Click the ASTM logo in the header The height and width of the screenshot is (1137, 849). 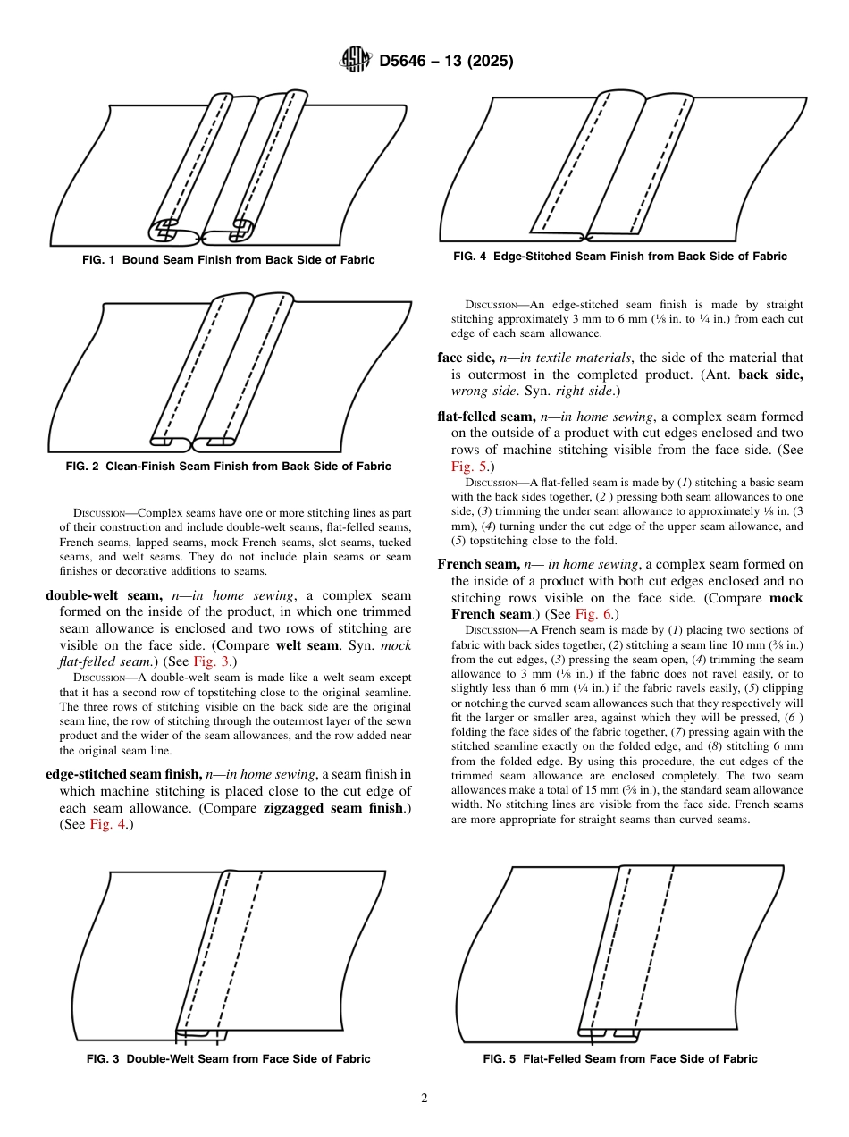pyautogui.click(x=355, y=61)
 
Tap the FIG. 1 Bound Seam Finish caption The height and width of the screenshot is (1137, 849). pyautogui.click(x=229, y=260)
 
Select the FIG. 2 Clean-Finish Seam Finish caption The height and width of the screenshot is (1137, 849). pyautogui.click(x=229, y=467)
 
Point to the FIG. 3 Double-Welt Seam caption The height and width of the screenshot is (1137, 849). pyautogui.click(x=229, y=1059)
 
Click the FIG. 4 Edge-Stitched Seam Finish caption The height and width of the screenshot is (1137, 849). pyautogui.click(x=620, y=257)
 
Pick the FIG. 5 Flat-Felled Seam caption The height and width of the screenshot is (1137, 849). pyautogui.click(x=620, y=1059)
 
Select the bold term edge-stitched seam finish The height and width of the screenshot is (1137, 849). pyautogui.click(x=124, y=774)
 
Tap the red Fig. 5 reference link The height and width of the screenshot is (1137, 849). pyautogui.click(x=468, y=467)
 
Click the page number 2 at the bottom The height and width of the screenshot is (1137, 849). pyautogui.click(x=424, y=1099)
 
